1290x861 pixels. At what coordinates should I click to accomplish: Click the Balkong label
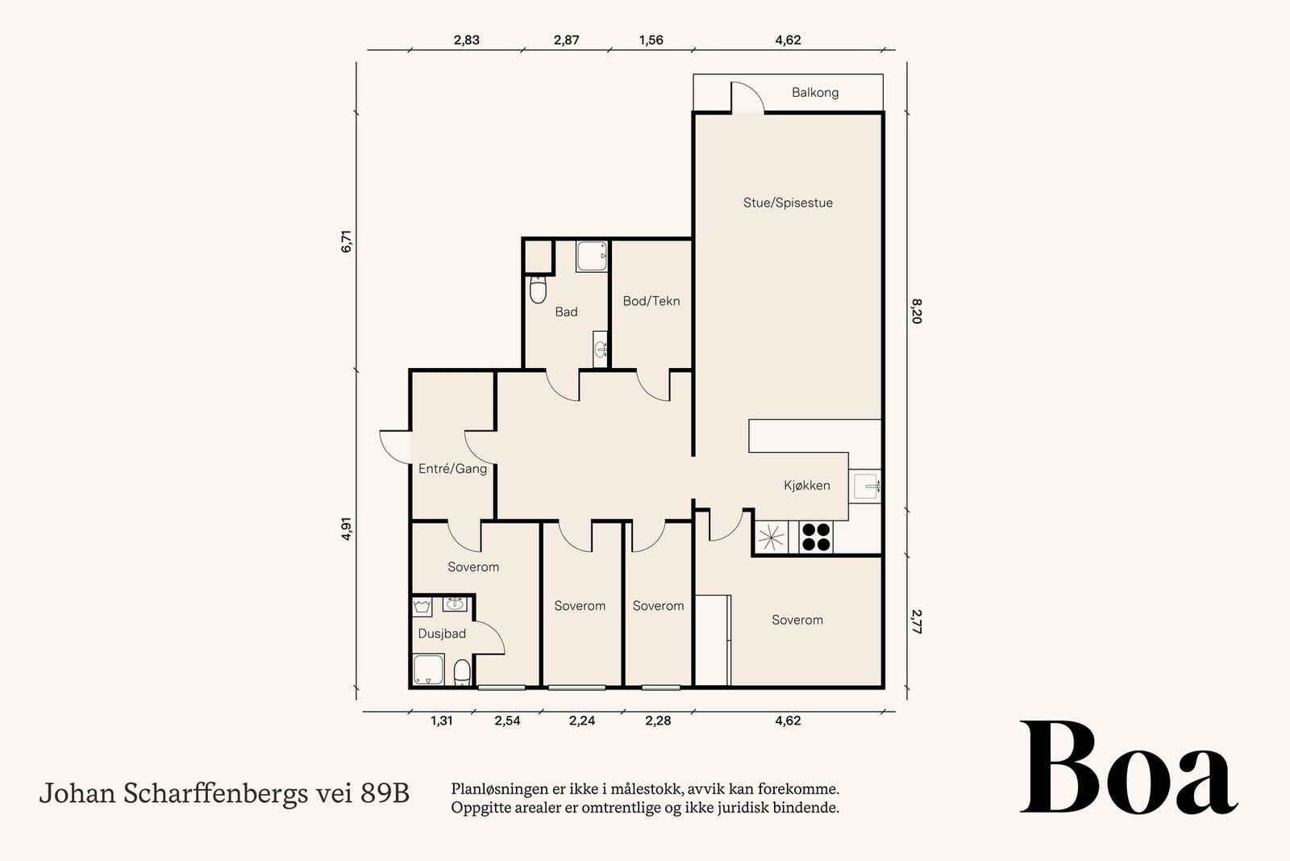point(814,93)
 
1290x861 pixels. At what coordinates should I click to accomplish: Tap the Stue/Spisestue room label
point(788,203)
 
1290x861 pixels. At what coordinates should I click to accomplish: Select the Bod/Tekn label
point(651,301)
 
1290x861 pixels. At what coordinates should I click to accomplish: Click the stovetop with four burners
point(815,537)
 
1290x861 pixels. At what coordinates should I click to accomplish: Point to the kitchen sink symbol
point(868,486)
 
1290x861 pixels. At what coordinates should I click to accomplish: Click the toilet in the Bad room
point(538,290)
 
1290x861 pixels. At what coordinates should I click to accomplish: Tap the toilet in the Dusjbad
point(462,672)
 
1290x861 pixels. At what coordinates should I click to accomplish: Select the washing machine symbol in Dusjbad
point(422,607)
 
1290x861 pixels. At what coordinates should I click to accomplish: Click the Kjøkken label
point(806,486)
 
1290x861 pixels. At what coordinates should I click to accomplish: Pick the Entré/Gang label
point(452,469)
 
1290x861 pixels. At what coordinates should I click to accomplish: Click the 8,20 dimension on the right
point(916,311)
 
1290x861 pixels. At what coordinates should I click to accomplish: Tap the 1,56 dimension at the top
point(651,40)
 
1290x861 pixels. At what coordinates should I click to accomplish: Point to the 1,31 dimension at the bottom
point(441,721)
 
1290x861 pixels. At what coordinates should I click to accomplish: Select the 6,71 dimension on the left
point(347,242)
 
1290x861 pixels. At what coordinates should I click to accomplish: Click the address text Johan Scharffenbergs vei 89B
point(224,794)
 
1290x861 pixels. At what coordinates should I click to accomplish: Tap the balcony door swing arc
point(748,97)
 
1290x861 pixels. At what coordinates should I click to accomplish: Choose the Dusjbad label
point(441,634)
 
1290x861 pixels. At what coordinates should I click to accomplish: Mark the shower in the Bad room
point(592,257)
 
